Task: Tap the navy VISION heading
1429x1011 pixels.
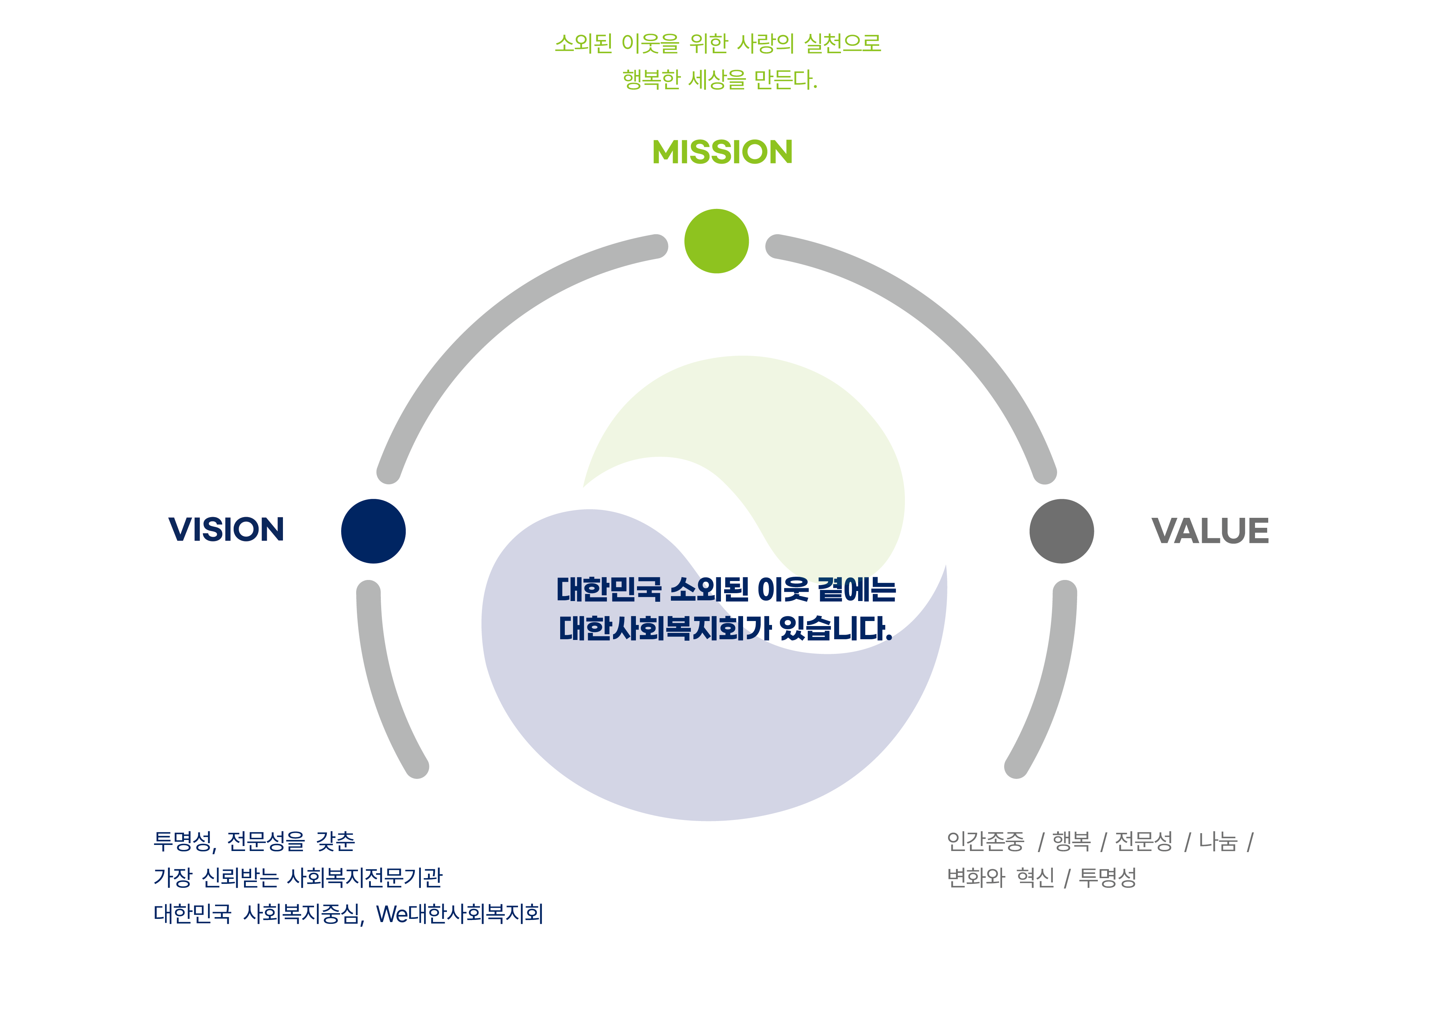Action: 226,529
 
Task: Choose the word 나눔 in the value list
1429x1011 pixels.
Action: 1218,841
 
